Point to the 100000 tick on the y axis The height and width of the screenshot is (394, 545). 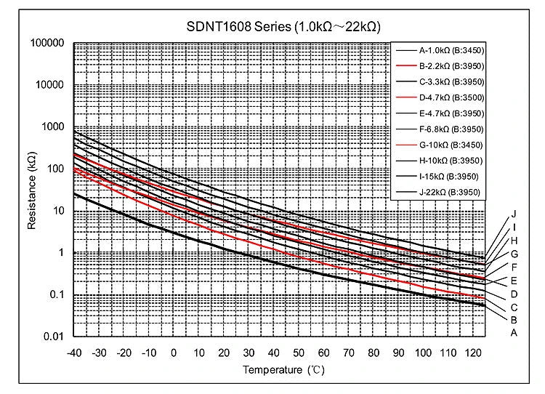pyautogui.click(x=48, y=43)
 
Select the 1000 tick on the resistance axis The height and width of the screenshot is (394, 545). pyautogui.click(x=53, y=127)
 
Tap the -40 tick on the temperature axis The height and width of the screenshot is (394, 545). pyautogui.click(x=73, y=353)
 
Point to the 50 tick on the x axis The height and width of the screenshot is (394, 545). pyautogui.click(x=299, y=353)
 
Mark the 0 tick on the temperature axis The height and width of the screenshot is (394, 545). pyautogui.click(x=174, y=353)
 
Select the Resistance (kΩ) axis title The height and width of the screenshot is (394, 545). pyautogui.click(x=32, y=190)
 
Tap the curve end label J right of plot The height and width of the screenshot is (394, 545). pyautogui.click(x=513, y=214)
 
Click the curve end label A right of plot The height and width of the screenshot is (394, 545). pyautogui.click(x=513, y=333)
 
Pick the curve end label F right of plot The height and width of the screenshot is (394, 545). pyautogui.click(x=513, y=267)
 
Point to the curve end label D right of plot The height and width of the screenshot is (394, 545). pyautogui.click(x=513, y=293)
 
